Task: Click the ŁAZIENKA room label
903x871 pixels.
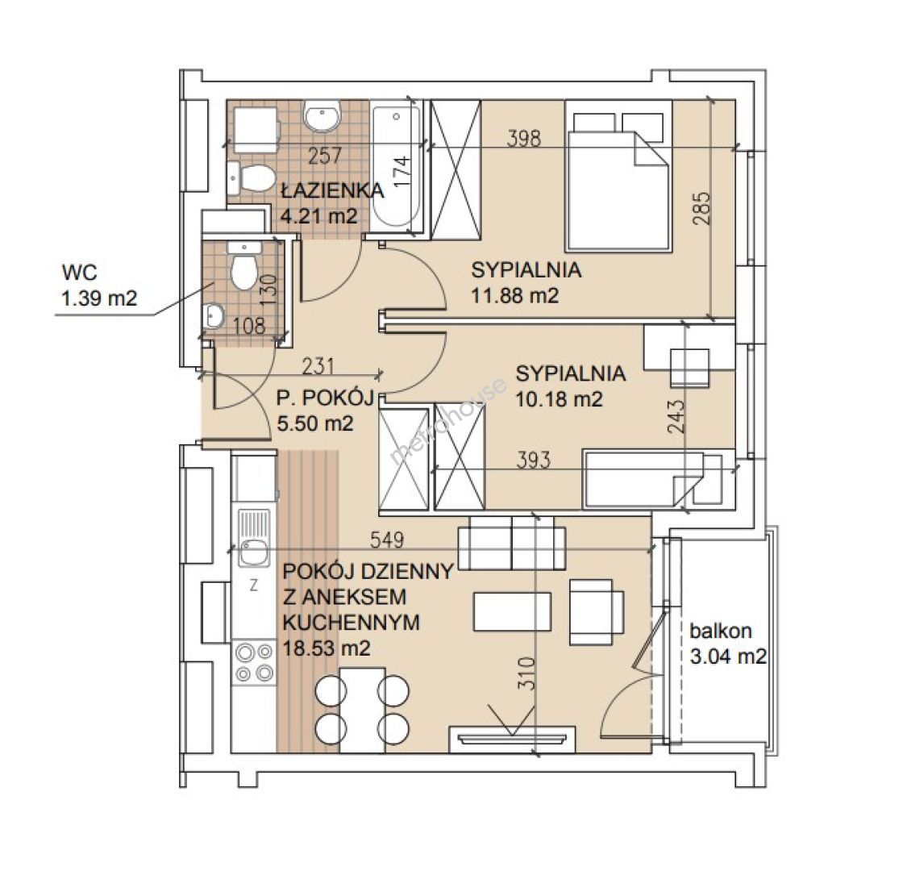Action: coord(332,190)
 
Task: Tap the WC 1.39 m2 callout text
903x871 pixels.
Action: coord(99,285)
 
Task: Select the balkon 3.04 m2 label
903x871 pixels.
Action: coord(728,644)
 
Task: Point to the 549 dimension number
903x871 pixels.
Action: coord(387,540)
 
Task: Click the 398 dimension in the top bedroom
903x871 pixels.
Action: coord(524,138)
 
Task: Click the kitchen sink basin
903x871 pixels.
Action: coord(254,552)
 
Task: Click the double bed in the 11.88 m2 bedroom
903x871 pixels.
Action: coord(618,176)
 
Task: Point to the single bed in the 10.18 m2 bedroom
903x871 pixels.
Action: coord(659,479)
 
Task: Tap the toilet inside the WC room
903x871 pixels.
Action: coord(243,267)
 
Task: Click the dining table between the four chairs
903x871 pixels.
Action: coord(362,710)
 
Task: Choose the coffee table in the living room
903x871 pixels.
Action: coord(512,611)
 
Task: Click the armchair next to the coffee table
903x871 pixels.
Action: coord(597,612)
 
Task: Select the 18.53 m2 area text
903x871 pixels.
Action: coord(326,648)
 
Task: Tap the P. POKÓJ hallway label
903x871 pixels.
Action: coord(325,398)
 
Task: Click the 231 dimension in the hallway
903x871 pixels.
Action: coord(318,366)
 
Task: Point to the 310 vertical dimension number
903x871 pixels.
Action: coord(526,673)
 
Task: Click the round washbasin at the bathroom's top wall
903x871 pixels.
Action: coord(322,117)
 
